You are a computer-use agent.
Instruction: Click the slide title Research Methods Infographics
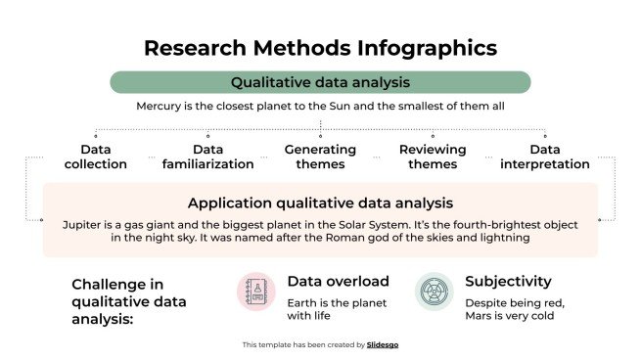point(320,48)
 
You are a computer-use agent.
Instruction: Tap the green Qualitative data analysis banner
point(320,82)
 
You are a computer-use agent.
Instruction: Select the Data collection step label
point(96,157)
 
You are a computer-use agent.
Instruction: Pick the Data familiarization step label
point(208,157)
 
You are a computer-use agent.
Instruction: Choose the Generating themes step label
point(320,157)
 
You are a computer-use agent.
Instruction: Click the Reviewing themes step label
point(433,157)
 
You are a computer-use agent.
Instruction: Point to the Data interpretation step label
point(544,157)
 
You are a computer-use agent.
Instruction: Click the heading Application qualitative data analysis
point(320,203)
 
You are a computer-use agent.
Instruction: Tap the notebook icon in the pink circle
point(256,292)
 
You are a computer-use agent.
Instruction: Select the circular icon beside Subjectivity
point(435,292)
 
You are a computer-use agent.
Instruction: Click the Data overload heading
point(338,282)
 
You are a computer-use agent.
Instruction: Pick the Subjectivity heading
point(508,282)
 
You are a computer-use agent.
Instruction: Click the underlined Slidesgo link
point(383,344)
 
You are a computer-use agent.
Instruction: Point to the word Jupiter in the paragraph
point(84,224)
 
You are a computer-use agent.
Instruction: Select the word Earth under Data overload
point(303,302)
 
